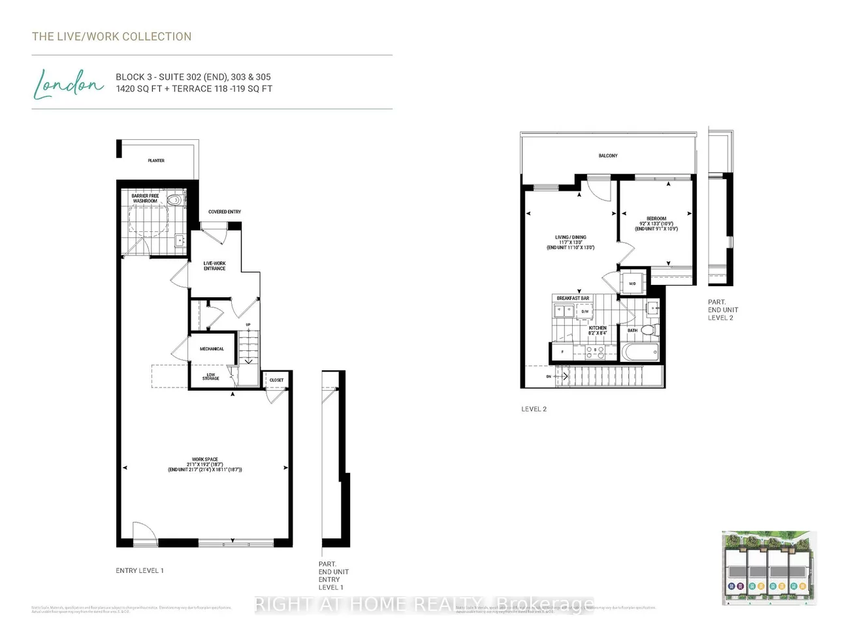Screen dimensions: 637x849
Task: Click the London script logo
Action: point(68,84)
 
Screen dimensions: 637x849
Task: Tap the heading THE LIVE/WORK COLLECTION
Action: point(112,37)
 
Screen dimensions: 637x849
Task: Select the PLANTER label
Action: point(156,160)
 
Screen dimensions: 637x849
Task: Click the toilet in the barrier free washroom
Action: point(174,200)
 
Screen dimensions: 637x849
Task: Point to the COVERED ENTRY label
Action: point(225,212)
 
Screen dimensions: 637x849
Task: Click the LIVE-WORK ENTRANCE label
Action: point(214,266)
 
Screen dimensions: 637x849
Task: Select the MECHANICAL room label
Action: point(212,349)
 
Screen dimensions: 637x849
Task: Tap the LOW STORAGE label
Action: point(210,377)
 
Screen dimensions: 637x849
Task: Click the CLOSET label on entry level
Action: point(277,380)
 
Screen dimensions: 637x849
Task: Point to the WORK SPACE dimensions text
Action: point(205,465)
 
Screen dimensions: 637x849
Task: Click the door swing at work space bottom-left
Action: point(144,531)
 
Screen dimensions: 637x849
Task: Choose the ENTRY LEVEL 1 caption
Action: point(140,570)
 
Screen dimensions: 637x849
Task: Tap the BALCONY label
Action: point(608,155)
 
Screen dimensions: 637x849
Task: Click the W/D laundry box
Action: point(632,284)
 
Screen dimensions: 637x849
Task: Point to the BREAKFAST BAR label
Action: point(573,298)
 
